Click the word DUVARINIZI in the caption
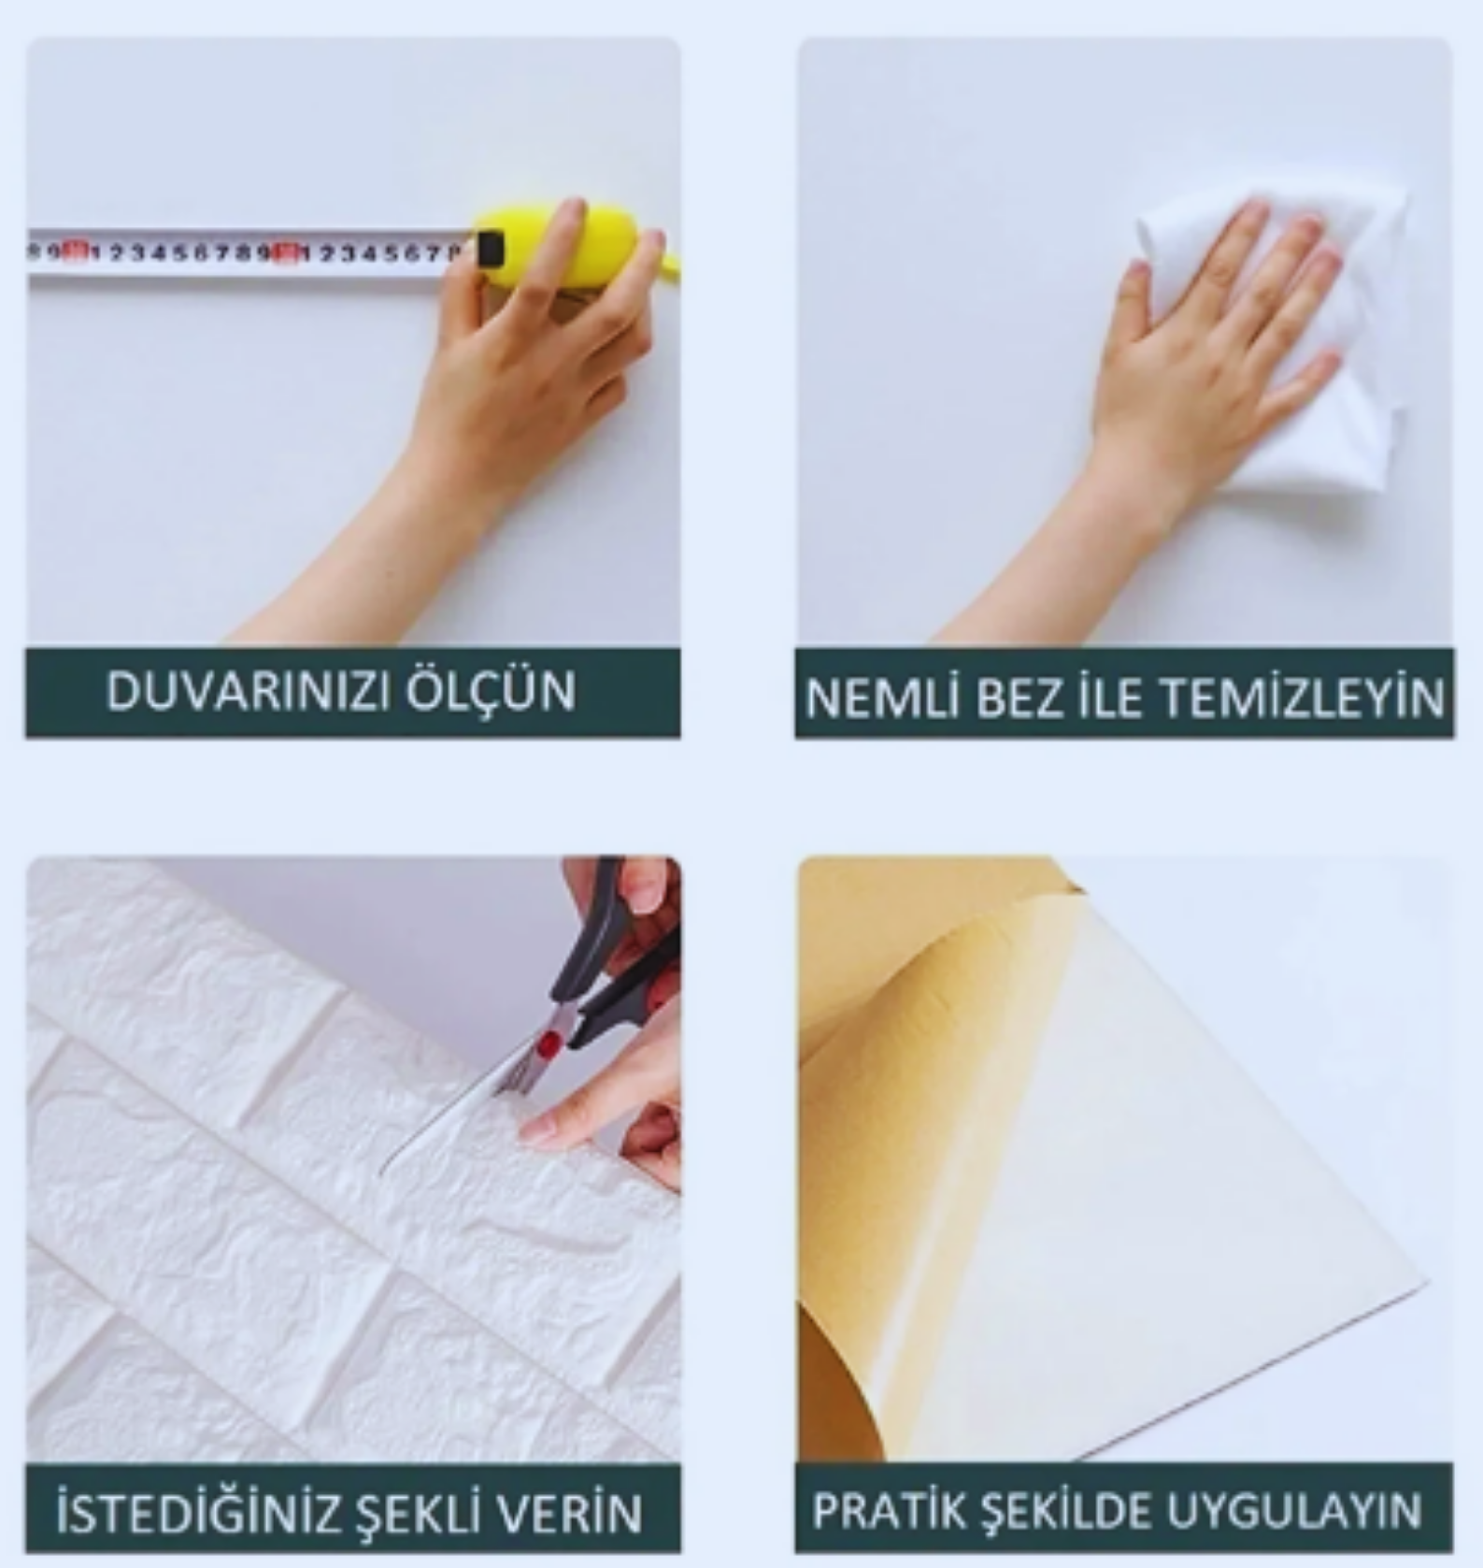coord(250,693)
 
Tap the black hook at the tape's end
coord(490,249)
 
